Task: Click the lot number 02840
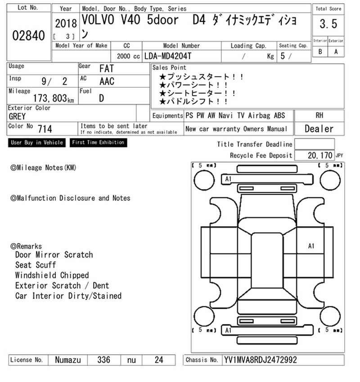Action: point(28,36)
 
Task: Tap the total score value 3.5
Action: point(328,24)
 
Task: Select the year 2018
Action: point(66,24)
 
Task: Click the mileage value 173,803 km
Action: point(54,98)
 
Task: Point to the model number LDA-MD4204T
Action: point(168,56)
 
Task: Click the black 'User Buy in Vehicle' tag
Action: point(37,142)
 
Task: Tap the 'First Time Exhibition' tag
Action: point(98,142)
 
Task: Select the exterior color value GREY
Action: point(17,116)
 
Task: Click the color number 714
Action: point(45,129)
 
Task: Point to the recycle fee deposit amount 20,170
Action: point(320,155)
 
